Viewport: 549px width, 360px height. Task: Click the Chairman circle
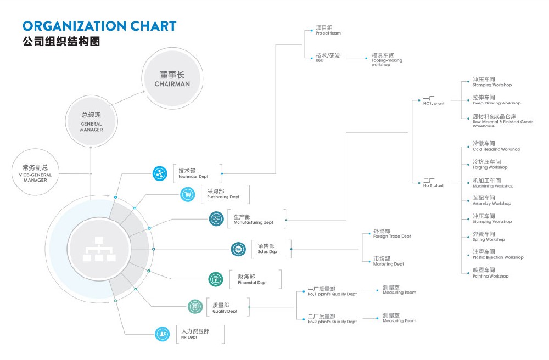coord(172,78)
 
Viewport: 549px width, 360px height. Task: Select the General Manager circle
coord(91,119)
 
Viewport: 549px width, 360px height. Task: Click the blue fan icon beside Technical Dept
coord(160,173)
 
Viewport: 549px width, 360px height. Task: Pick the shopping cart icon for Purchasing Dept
coord(188,194)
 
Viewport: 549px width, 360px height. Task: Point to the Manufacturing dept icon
coord(216,219)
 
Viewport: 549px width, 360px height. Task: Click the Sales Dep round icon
coord(238,249)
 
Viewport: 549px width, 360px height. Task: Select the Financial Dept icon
coord(216,279)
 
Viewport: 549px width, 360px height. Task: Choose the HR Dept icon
coord(162,333)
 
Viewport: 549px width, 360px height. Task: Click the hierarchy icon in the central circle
coord(97,249)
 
